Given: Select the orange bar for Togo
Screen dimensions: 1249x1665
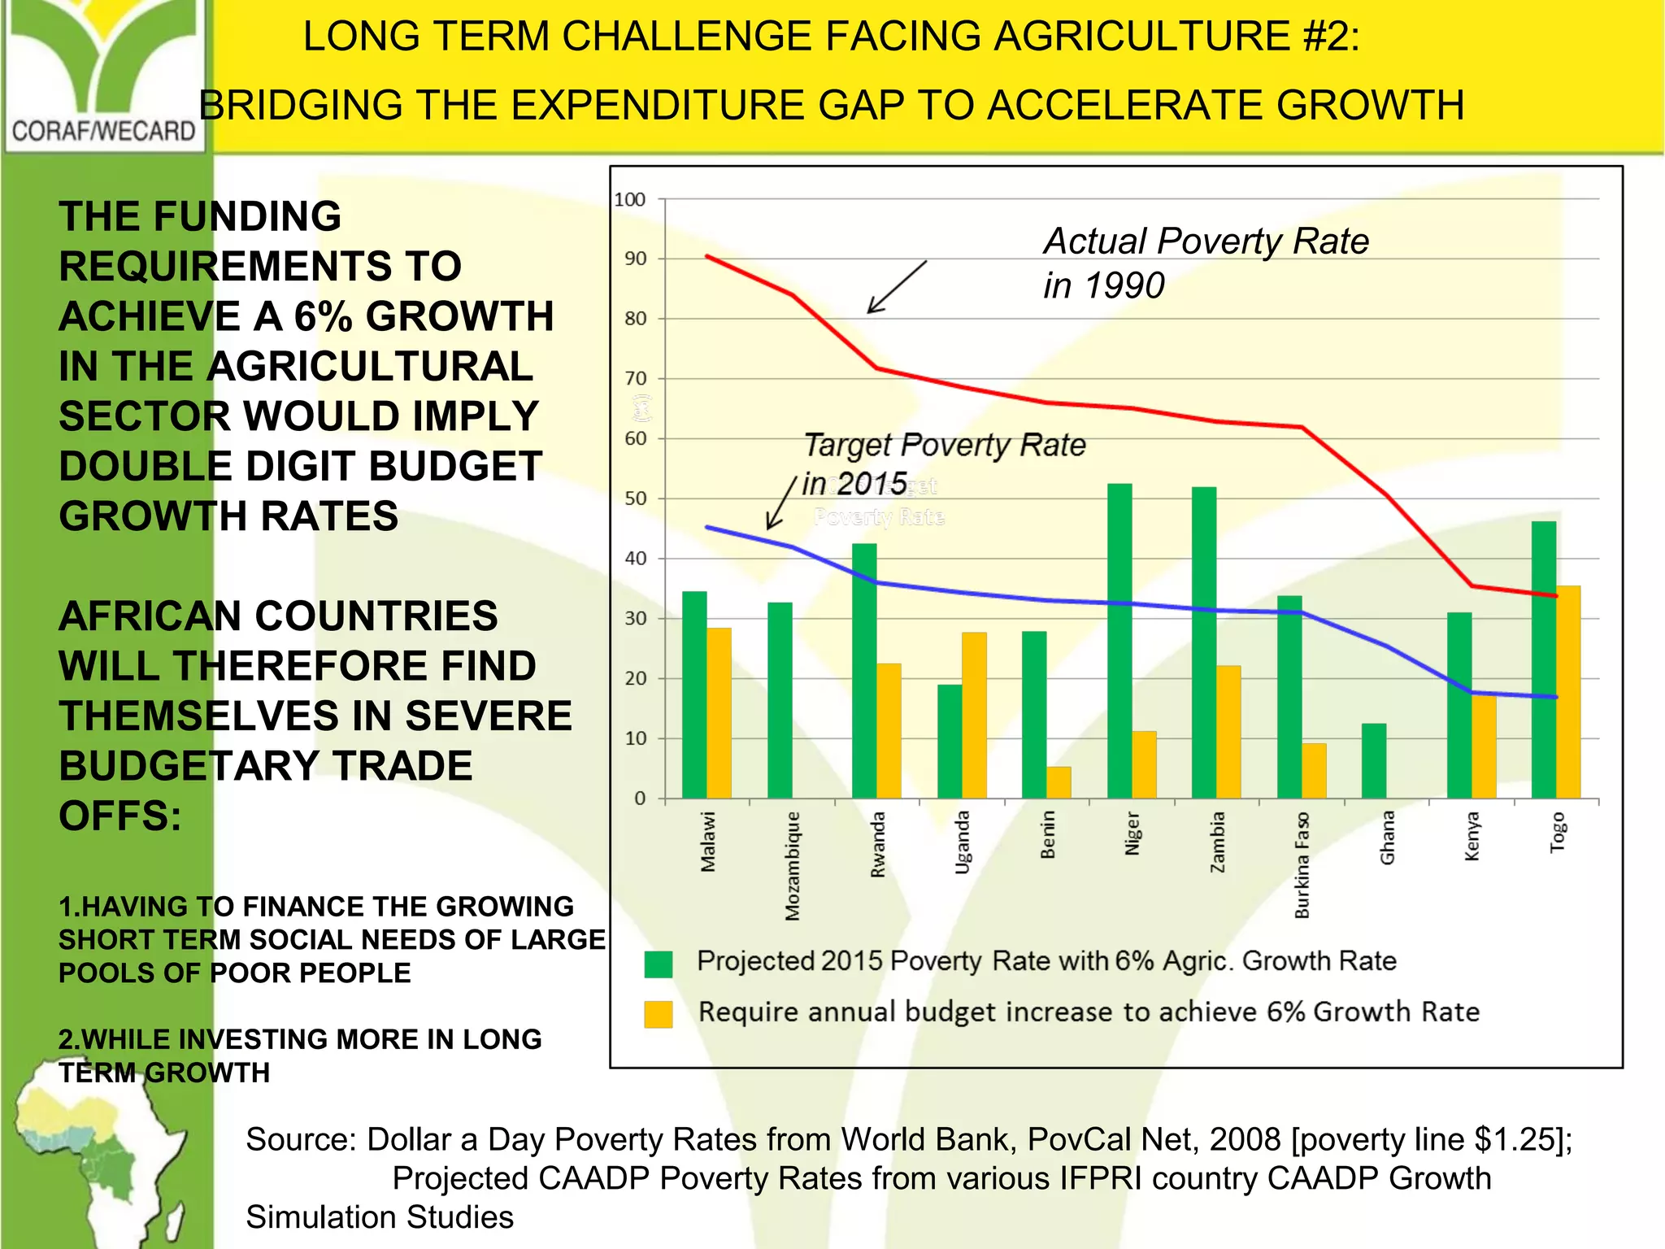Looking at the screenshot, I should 1568,691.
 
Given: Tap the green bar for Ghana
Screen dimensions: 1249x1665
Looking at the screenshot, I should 1374,760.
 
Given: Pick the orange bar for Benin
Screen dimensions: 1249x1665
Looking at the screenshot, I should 1059,781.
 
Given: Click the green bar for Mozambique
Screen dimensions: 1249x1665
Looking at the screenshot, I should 780,699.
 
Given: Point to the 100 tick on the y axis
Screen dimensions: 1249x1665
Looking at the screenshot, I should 630,199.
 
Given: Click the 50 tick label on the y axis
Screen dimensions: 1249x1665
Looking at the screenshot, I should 635,498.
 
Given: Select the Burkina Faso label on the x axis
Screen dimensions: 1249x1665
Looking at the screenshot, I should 1302,864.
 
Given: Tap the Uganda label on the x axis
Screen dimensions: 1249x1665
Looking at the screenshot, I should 963,842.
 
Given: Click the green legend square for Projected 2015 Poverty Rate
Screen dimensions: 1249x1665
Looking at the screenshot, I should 658,964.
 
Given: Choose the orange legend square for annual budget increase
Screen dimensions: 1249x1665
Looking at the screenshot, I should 658,1014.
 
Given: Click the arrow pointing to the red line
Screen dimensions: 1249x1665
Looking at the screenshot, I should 896,287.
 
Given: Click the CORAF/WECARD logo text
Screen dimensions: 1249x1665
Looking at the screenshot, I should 103,130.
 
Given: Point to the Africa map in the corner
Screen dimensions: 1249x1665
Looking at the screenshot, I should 98,1155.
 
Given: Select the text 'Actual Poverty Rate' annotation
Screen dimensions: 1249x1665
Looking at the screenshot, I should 1206,242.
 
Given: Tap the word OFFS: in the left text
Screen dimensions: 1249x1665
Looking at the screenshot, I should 120,816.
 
